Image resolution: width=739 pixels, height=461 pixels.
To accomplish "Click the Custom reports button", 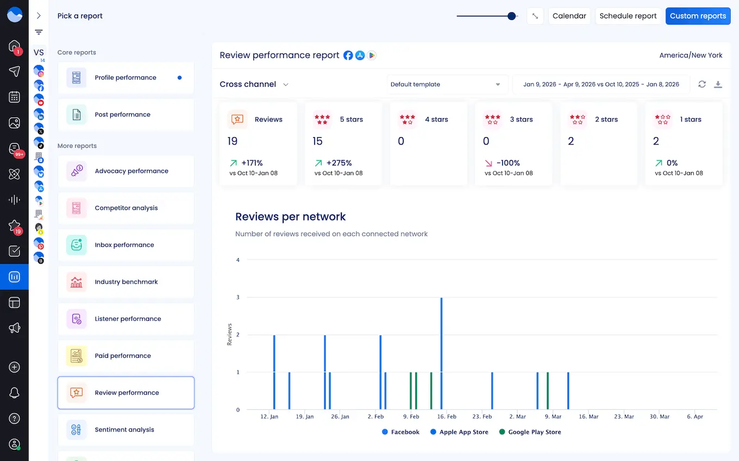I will click(698, 16).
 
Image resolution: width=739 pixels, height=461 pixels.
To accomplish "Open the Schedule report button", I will click(628, 16).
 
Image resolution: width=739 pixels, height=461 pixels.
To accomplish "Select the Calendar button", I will click(569, 16).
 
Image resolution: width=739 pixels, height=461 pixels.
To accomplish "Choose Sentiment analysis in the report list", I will click(124, 429).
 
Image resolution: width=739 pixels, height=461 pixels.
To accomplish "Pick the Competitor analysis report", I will click(126, 208).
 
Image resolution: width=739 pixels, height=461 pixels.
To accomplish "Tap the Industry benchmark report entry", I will click(126, 282).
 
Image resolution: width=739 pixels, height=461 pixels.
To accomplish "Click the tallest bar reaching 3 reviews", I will click(441, 353).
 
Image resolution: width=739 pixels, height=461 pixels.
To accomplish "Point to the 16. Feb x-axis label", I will click(447, 416).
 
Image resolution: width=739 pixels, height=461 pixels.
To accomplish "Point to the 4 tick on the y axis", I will click(238, 260).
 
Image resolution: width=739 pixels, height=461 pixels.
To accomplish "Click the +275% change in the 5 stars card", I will click(339, 163).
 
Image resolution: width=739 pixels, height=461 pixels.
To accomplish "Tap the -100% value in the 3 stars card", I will click(508, 163).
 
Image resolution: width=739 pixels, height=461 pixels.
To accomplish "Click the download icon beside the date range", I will click(718, 84).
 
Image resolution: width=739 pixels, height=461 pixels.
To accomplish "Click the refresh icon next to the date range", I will click(702, 84).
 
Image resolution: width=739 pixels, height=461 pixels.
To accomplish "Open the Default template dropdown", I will click(446, 84).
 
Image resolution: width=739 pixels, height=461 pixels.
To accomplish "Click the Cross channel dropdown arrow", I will click(286, 85).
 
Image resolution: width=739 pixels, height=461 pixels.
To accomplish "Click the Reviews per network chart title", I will click(290, 216).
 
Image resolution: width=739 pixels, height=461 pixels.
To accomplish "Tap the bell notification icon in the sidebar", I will click(15, 393).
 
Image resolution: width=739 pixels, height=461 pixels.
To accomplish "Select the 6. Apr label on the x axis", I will click(694, 416).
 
